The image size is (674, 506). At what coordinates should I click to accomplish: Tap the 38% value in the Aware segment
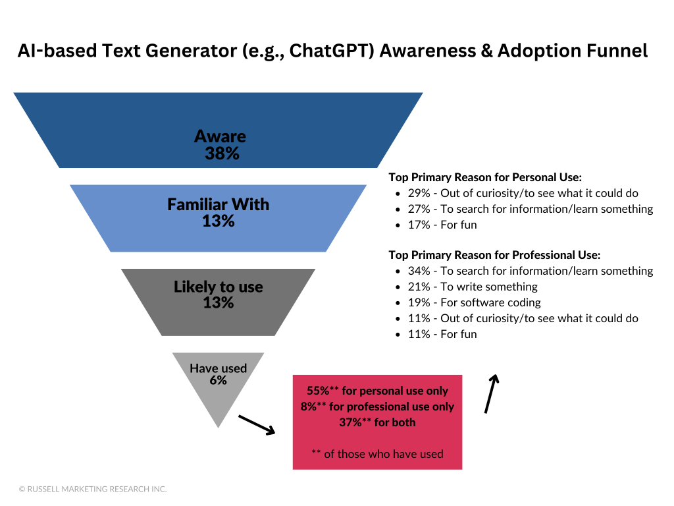pos(221,154)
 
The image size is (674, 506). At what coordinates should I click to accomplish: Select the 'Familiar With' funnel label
pos(218,204)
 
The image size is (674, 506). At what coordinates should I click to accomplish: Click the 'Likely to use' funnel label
pos(218,287)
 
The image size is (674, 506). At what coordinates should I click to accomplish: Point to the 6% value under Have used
pos(218,381)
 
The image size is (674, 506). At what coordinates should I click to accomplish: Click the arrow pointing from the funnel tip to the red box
pos(256,425)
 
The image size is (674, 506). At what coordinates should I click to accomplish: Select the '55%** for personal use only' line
pos(377,391)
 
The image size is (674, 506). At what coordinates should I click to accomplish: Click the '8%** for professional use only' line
pos(377,407)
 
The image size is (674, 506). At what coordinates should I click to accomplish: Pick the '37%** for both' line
pos(377,422)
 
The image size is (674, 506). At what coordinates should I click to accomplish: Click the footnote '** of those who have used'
pos(377,454)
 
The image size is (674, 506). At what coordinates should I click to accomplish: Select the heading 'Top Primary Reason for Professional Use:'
pos(494,255)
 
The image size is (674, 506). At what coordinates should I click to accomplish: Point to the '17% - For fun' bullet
pos(441,225)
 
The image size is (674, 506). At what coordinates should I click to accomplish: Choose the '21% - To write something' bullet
pos(471,287)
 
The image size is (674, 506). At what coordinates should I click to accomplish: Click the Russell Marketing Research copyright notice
pos(93,489)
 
